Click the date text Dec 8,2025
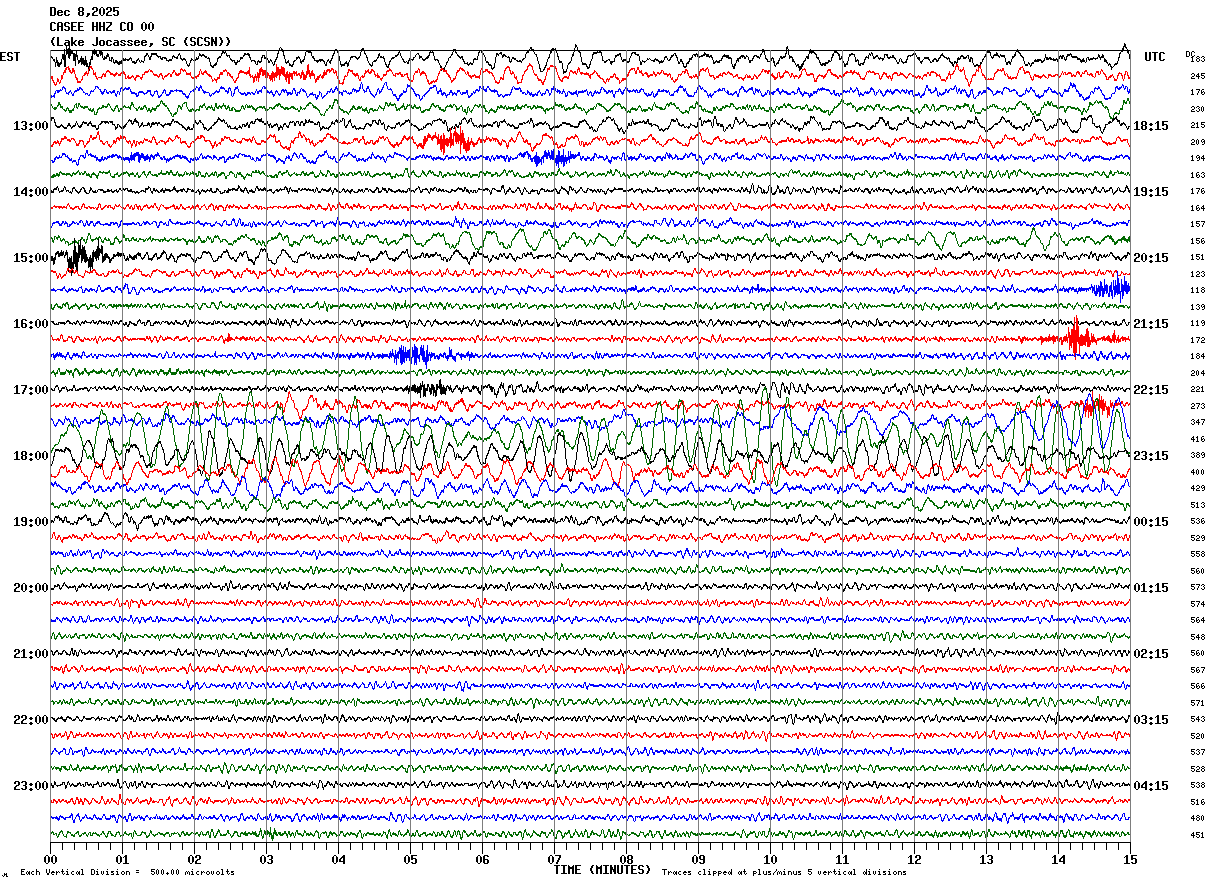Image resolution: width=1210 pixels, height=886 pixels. (84, 12)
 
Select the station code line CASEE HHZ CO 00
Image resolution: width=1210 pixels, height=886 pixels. (101, 27)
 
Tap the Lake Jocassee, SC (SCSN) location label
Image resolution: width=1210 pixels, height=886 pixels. (140, 42)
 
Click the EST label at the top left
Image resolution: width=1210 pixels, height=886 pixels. (9, 57)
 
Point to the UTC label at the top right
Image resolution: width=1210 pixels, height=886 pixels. (1155, 57)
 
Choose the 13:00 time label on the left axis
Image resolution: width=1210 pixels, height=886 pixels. (31, 126)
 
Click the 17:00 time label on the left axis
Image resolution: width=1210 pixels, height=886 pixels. (31, 390)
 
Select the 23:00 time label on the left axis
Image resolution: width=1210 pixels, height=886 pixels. (31, 786)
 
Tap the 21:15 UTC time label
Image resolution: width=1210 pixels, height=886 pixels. (1150, 324)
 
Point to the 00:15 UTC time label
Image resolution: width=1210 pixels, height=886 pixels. (1150, 522)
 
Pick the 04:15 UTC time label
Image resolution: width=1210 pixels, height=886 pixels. (1150, 786)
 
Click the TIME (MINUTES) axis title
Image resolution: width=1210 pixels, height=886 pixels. (602, 870)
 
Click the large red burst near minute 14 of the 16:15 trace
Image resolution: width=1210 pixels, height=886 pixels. (1075, 338)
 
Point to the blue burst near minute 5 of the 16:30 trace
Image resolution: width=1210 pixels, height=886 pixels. (411, 355)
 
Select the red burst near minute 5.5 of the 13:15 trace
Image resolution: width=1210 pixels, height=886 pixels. (448, 140)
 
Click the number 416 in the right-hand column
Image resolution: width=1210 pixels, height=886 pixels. (1197, 439)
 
